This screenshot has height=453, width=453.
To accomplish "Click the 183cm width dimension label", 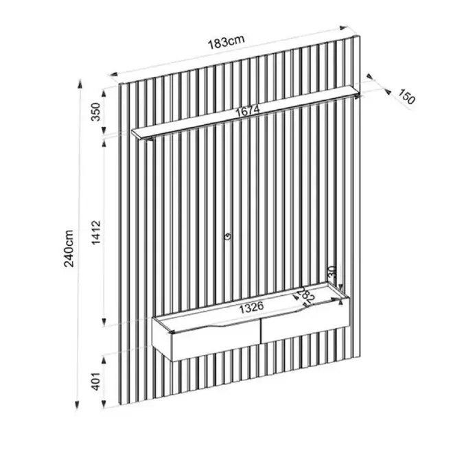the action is coord(226,43).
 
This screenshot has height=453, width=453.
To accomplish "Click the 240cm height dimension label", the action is coord(69,248).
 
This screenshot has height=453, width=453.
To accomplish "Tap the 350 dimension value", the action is coord(95,112).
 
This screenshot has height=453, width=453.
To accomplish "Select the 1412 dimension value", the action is coord(96,233).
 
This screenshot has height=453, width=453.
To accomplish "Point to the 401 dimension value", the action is coord(95,382).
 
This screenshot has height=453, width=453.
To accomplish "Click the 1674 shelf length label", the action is coord(248,111).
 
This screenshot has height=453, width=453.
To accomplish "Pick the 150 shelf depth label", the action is coord(407,97).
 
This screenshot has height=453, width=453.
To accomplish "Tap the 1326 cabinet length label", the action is coord(252,307).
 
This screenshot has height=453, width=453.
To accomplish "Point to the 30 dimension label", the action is coord(332,272).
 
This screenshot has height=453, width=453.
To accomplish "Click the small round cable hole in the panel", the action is coord(228,237).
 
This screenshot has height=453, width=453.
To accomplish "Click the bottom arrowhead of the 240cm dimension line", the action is coord(77,405).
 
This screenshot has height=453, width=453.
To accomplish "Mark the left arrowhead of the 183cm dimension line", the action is coord(113,74).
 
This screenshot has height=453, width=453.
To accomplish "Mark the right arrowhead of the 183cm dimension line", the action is coord(343,28).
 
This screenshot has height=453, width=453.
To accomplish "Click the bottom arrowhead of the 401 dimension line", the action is coord(104,404).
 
